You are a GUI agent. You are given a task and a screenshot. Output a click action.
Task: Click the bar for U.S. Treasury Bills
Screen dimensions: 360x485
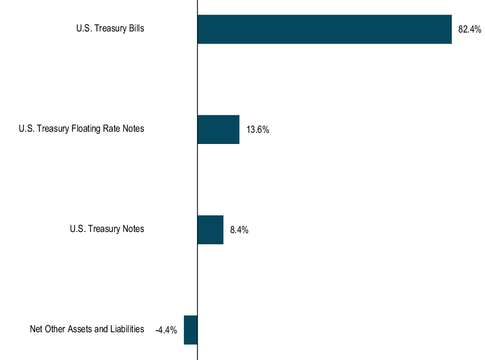point(324,29)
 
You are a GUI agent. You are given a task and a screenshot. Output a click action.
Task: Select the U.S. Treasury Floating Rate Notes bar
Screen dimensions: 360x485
point(219,130)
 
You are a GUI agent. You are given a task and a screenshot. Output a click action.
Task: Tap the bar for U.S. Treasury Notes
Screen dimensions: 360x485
point(211,230)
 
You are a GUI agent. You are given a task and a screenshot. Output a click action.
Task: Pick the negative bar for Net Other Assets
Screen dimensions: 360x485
point(191,330)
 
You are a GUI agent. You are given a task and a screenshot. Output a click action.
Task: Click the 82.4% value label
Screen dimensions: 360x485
point(470,30)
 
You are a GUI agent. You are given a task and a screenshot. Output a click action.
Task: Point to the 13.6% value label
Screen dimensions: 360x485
point(257,130)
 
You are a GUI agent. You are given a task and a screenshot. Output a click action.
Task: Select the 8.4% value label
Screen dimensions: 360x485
point(239,230)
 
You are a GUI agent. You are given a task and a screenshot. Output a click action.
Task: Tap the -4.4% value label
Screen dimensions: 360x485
point(166,331)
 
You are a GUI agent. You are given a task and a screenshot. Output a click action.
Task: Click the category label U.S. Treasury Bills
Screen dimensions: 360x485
point(110,28)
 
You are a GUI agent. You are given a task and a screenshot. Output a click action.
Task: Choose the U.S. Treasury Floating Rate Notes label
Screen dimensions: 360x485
point(81,129)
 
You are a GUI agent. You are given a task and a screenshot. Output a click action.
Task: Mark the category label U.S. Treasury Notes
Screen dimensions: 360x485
point(107,229)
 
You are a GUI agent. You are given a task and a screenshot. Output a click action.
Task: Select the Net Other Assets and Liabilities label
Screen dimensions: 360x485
point(87,329)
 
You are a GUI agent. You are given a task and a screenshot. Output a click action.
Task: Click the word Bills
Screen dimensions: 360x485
point(135,28)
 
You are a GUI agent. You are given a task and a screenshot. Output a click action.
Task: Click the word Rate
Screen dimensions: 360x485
point(112,129)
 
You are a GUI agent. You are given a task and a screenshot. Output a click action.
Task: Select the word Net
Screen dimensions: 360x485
point(36,329)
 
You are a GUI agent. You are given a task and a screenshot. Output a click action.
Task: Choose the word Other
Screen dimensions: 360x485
point(55,329)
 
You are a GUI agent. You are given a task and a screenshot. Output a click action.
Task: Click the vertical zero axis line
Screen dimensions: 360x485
point(197,181)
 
